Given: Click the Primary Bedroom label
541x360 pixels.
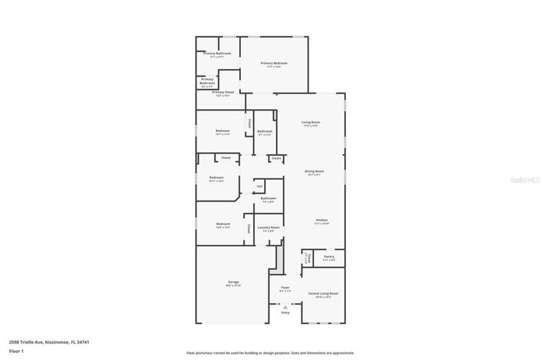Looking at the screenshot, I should [274, 63].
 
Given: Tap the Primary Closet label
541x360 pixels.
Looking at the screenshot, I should [223, 92].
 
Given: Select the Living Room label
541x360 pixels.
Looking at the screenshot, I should [310, 123].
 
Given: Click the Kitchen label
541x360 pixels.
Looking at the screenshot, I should [322, 220].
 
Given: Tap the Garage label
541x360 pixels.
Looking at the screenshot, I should [233, 282].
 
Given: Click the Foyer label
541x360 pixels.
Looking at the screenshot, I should [285, 289].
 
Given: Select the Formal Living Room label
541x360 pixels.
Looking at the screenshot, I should [323, 293].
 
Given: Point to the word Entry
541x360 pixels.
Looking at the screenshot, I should [285, 312].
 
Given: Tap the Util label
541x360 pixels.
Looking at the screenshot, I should [259, 186].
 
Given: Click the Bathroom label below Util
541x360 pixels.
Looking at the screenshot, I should [268, 198].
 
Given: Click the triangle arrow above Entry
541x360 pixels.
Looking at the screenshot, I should [285, 307].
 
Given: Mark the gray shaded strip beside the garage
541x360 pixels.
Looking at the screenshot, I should [280, 257].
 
